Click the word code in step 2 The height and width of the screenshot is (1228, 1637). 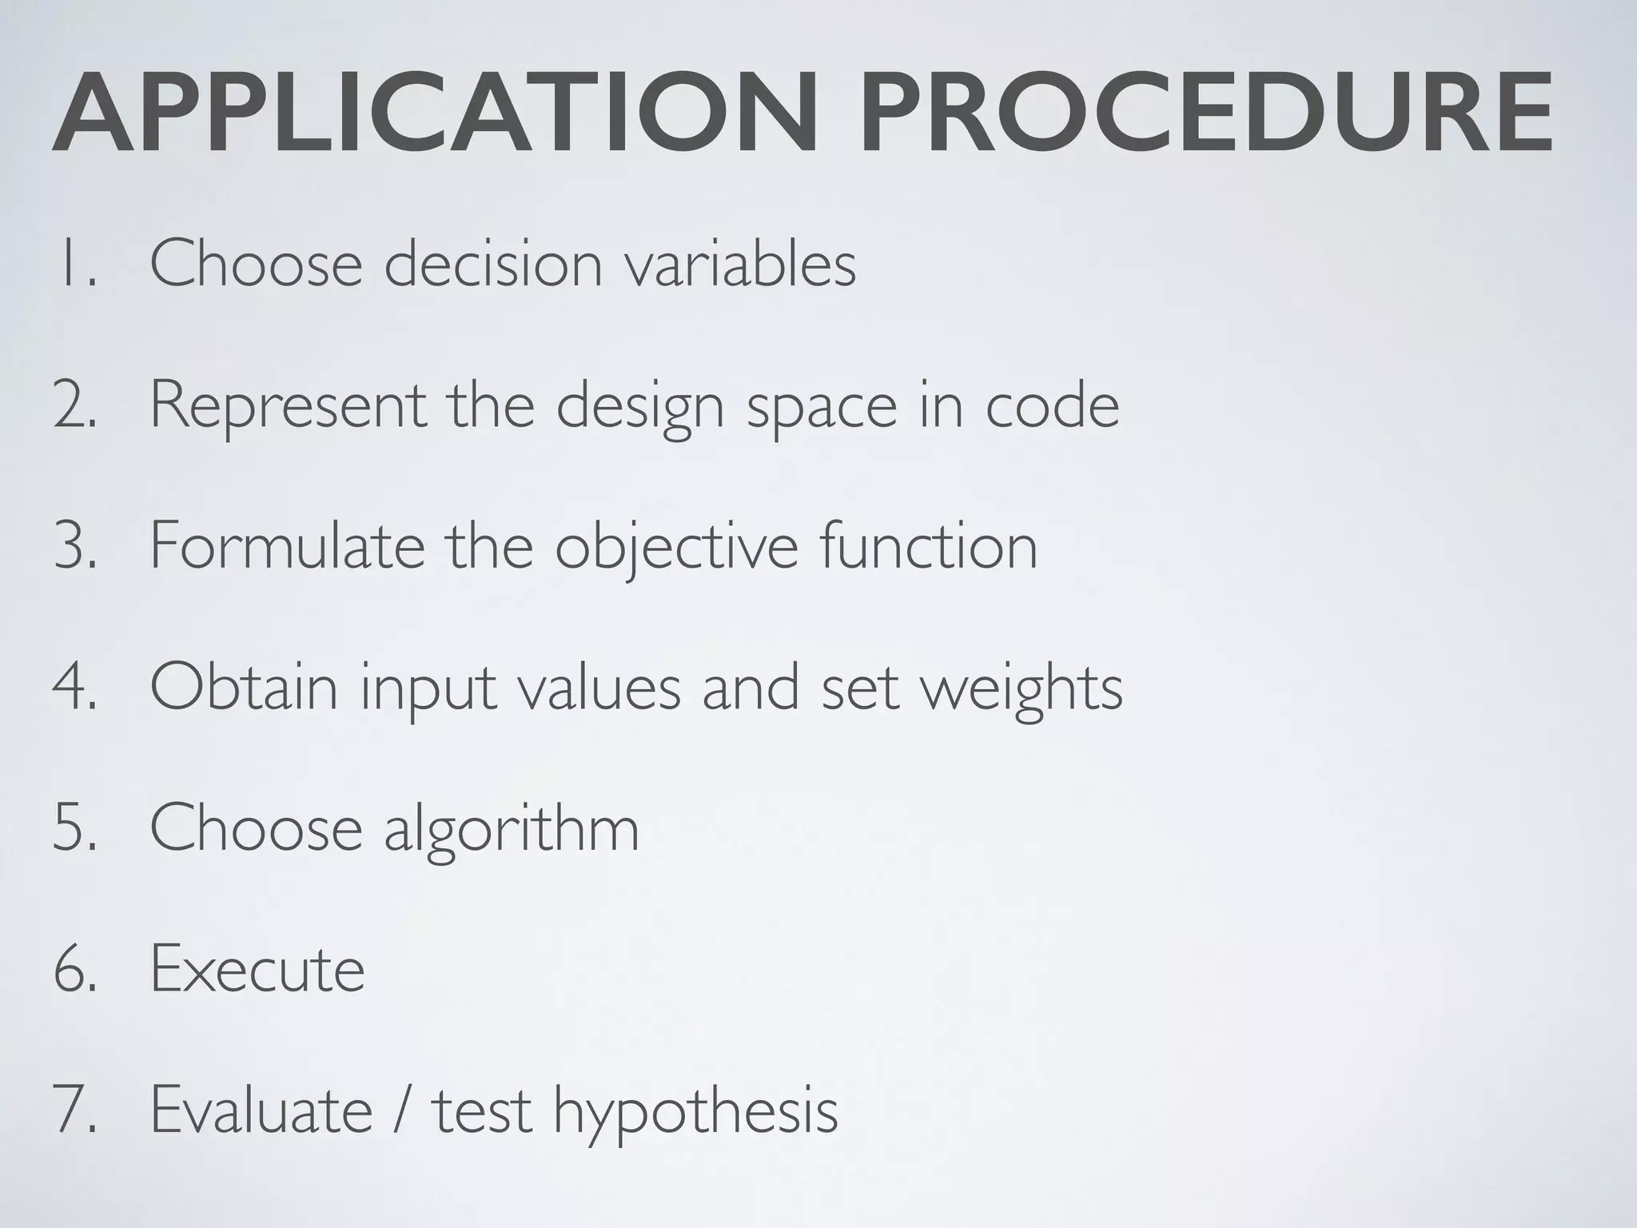click(x=1052, y=406)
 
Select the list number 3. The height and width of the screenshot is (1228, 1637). click(x=75, y=547)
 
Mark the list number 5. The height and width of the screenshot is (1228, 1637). click(x=75, y=828)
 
